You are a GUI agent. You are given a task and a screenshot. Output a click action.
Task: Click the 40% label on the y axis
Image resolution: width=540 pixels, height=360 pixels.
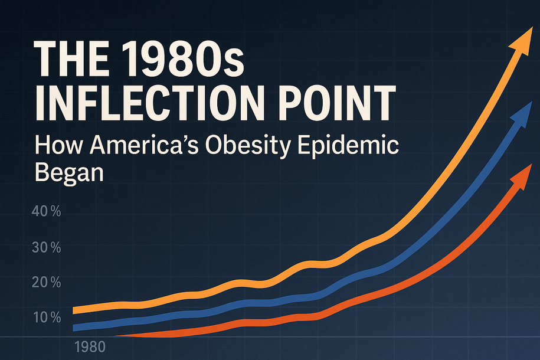pos(46,212)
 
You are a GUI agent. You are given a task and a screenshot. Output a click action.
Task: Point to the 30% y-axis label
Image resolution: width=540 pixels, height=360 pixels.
pos(46,247)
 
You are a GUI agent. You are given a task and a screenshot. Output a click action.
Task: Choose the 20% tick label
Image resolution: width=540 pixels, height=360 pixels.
pos(46,283)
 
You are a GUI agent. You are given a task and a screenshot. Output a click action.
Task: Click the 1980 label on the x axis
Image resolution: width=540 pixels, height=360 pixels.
pos(89,347)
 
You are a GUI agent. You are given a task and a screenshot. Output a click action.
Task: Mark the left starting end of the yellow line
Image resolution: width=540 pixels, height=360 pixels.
pos(74,310)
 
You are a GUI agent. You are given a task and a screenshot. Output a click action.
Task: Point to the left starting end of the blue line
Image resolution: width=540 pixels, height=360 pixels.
pos(74,328)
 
